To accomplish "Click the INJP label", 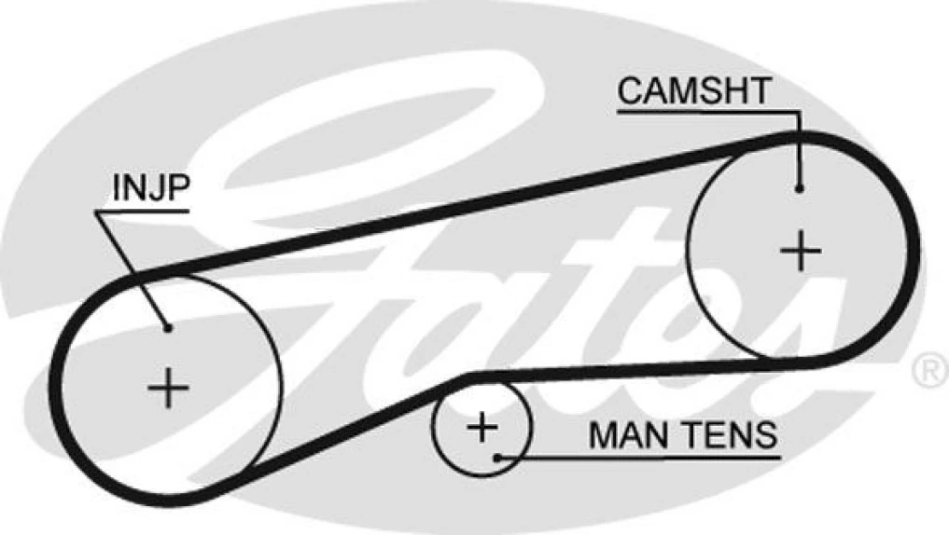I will tap(150, 187).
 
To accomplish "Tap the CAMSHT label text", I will tap(695, 91).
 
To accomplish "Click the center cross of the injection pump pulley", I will tap(169, 387).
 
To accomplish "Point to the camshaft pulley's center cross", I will tap(800, 250).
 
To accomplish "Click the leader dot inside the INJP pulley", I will tap(168, 327).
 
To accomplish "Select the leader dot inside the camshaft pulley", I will tap(800, 189).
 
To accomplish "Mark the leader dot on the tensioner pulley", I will tap(500, 457).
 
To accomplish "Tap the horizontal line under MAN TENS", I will tap(644, 457).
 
